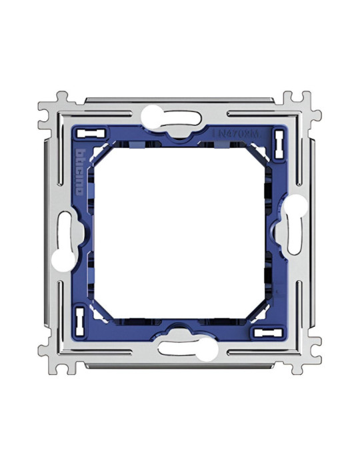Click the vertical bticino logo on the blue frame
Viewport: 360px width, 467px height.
pos(79,171)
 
